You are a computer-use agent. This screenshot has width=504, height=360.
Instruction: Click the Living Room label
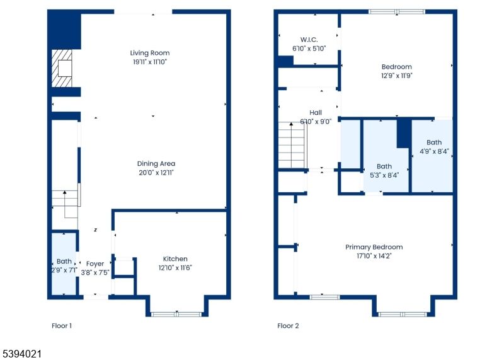pos(150,53)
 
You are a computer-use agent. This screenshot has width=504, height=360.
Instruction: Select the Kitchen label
pos(175,258)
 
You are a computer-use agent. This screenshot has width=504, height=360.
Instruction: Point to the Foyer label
pos(95,264)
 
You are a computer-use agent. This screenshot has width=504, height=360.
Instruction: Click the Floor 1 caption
pos(62,326)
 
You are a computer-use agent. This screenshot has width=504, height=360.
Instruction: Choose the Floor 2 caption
pos(288,326)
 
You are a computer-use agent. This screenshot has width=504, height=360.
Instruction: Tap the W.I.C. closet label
pos(309,38)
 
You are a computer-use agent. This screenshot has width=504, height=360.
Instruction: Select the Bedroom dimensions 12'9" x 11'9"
pos(396,75)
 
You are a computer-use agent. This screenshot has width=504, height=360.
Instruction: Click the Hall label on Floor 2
pos(316,112)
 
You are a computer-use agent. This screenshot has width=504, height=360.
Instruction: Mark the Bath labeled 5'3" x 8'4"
pos(384,171)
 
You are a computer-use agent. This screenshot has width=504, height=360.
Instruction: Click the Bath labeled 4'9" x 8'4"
pos(434,146)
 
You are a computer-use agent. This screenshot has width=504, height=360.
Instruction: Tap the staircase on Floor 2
pos(292,145)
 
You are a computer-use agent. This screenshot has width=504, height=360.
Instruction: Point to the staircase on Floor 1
pos(65,203)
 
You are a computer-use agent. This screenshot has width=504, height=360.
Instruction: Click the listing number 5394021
pos(21,354)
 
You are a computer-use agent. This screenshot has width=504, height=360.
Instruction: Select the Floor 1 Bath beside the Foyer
pos(64,265)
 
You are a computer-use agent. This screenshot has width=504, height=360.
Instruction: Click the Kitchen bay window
pos(176,313)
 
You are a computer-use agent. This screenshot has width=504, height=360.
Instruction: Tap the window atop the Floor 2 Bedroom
pos(397,11)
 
